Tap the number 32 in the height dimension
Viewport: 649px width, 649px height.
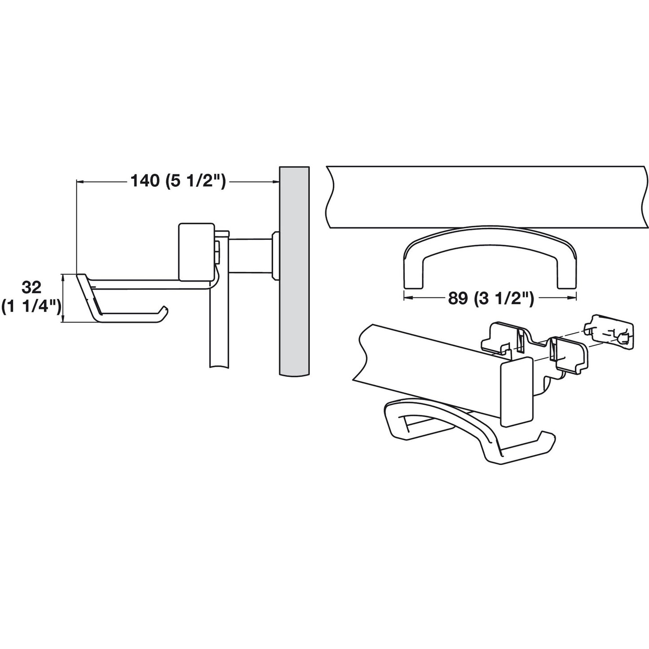(x=31, y=286)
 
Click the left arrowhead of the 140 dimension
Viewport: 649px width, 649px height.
(x=80, y=181)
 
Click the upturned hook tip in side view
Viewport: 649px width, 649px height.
(x=165, y=309)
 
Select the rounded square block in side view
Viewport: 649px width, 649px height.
(x=196, y=251)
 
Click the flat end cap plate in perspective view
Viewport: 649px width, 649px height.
(x=516, y=391)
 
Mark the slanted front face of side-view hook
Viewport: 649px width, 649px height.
(x=88, y=296)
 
